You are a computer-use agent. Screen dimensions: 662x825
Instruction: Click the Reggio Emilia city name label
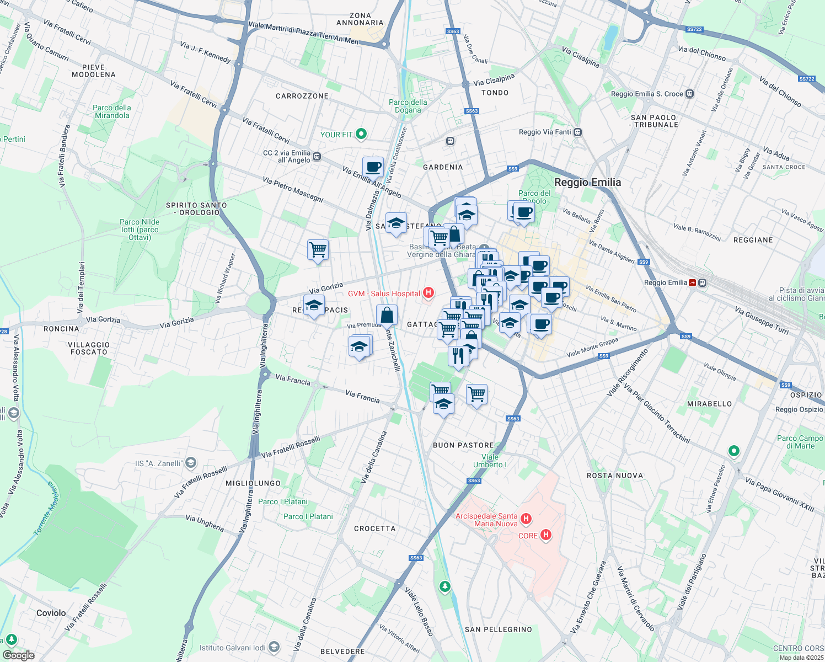[587, 183]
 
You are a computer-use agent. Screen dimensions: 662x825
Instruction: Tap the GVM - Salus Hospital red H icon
[428, 293]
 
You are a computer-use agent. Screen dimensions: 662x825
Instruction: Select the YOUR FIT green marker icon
[361, 134]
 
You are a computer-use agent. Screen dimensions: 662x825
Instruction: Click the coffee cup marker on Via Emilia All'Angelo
[373, 166]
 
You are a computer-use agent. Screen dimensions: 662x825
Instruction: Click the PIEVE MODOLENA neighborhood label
[94, 71]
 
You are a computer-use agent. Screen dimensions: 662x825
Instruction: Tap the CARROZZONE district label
[302, 96]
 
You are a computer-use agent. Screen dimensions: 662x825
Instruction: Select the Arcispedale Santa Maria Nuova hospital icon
[526, 519]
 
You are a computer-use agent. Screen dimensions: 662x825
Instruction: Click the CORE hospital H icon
[546, 535]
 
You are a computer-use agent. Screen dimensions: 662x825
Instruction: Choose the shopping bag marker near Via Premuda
[387, 316]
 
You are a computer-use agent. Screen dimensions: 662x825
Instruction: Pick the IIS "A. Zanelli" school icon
[191, 462]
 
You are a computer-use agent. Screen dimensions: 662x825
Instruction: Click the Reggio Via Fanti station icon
[577, 132]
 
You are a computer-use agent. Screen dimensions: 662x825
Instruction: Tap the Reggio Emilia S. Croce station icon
[689, 94]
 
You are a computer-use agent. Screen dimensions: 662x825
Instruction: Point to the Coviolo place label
[51, 613]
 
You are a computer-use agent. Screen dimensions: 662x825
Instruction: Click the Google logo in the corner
[18, 655]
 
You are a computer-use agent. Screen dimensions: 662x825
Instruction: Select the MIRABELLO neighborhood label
[709, 404]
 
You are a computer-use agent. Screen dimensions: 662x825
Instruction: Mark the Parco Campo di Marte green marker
[733, 451]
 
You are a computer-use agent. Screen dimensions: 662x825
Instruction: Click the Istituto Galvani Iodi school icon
[275, 647]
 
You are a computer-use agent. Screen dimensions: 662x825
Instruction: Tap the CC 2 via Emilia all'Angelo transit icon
[317, 157]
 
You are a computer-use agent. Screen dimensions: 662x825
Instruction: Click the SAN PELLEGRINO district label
[499, 629]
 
